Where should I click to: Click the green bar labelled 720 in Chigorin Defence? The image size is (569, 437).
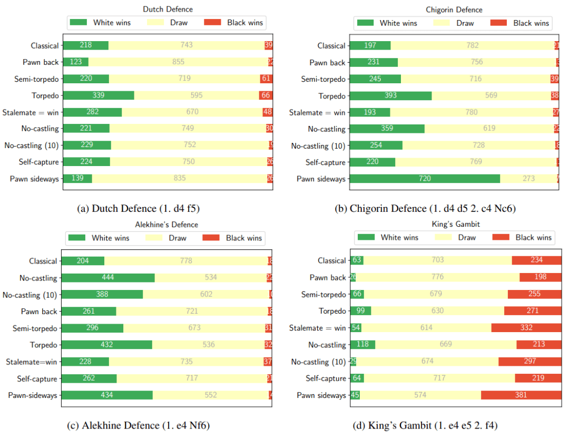(425, 179)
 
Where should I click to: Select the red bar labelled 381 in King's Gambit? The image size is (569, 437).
(521, 395)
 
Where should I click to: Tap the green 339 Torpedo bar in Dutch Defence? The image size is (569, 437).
(98, 95)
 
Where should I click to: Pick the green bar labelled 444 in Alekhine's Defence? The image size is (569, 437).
(108, 278)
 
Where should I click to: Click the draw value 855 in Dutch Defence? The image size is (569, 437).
(178, 62)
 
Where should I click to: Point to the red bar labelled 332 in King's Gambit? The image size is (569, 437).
(526, 328)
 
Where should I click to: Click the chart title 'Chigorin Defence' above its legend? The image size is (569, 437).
(454, 9)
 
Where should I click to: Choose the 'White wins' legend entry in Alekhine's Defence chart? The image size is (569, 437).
(101, 238)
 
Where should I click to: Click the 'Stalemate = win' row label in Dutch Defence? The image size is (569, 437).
(31, 112)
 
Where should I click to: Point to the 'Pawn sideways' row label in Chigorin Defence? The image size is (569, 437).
(321, 179)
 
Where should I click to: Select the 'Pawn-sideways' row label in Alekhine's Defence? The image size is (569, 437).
(33, 395)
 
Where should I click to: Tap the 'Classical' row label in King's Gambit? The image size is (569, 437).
(332, 260)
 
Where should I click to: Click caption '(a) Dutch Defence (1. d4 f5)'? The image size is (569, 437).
(138, 208)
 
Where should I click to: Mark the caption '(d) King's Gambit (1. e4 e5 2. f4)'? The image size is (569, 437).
(425, 425)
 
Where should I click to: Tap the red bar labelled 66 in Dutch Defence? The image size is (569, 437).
(266, 95)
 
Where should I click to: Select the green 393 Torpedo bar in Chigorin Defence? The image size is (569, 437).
(390, 95)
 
